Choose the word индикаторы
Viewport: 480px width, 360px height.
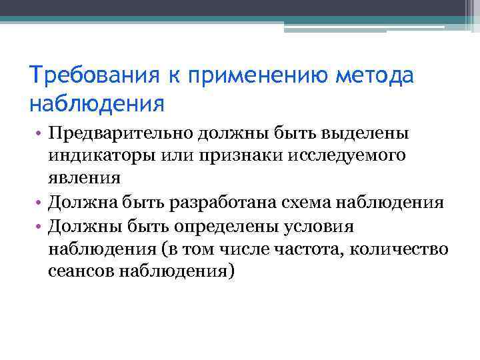pos(99,156)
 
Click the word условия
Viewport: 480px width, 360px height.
pos(323,226)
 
